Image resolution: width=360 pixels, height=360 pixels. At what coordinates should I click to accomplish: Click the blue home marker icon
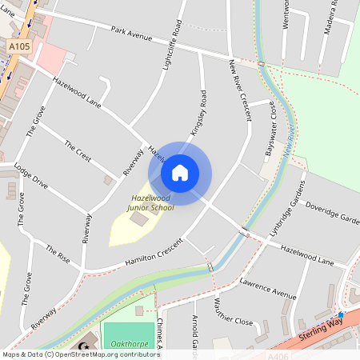click(180, 173)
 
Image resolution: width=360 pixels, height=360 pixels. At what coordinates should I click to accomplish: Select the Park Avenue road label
click(131, 37)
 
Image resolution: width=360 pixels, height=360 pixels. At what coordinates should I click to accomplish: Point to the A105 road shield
click(19, 47)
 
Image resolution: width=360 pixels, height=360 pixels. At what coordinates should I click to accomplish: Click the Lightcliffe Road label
click(170, 45)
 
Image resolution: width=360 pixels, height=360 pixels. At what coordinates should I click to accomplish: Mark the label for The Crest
click(78, 151)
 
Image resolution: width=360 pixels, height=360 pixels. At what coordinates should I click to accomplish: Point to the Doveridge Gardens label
click(332, 214)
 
